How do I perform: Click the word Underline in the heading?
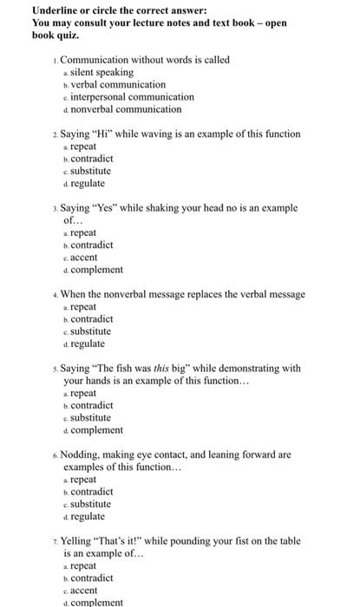[x=47, y=10]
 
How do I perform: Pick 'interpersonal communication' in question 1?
[x=137, y=97]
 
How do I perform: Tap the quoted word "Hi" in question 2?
[x=105, y=134]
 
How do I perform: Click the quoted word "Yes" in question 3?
[x=108, y=208]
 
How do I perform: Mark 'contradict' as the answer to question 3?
[x=92, y=245]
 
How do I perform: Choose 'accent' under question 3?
[x=86, y=258]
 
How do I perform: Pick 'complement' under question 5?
[x=97, y=430]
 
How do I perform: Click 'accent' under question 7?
[x=86, y=590]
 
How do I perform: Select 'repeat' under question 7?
[x=85, y=565]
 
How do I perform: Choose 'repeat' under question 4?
[x=85, y=307]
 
